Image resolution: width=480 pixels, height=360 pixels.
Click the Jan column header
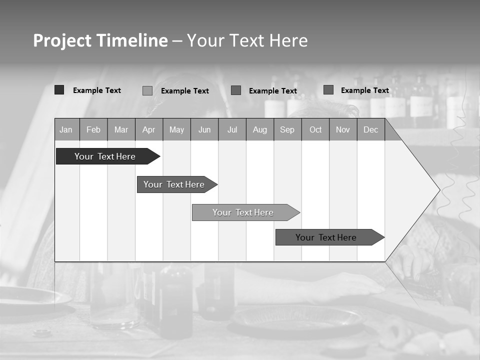pos(66,130)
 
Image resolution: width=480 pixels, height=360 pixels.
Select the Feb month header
pos(93,130)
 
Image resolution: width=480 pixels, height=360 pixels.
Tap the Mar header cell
pos(121,130)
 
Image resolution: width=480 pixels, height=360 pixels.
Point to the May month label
pos(176,130)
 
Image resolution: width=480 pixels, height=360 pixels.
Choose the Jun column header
pos(204,130)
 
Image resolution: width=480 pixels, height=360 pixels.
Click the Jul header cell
pos(232,130)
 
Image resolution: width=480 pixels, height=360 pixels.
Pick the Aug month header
pos(260,130)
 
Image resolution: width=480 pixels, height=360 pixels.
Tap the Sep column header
pos(287,130)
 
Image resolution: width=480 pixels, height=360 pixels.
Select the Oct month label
pos(315,130)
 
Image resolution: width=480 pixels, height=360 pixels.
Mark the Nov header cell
pos(343,130)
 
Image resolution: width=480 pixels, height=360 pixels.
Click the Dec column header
pos(371,130)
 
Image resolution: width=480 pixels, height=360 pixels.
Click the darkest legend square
pos(59,90)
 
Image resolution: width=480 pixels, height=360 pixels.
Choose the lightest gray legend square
pos(147,90)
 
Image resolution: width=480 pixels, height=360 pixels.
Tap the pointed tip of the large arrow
pos(438,189)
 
